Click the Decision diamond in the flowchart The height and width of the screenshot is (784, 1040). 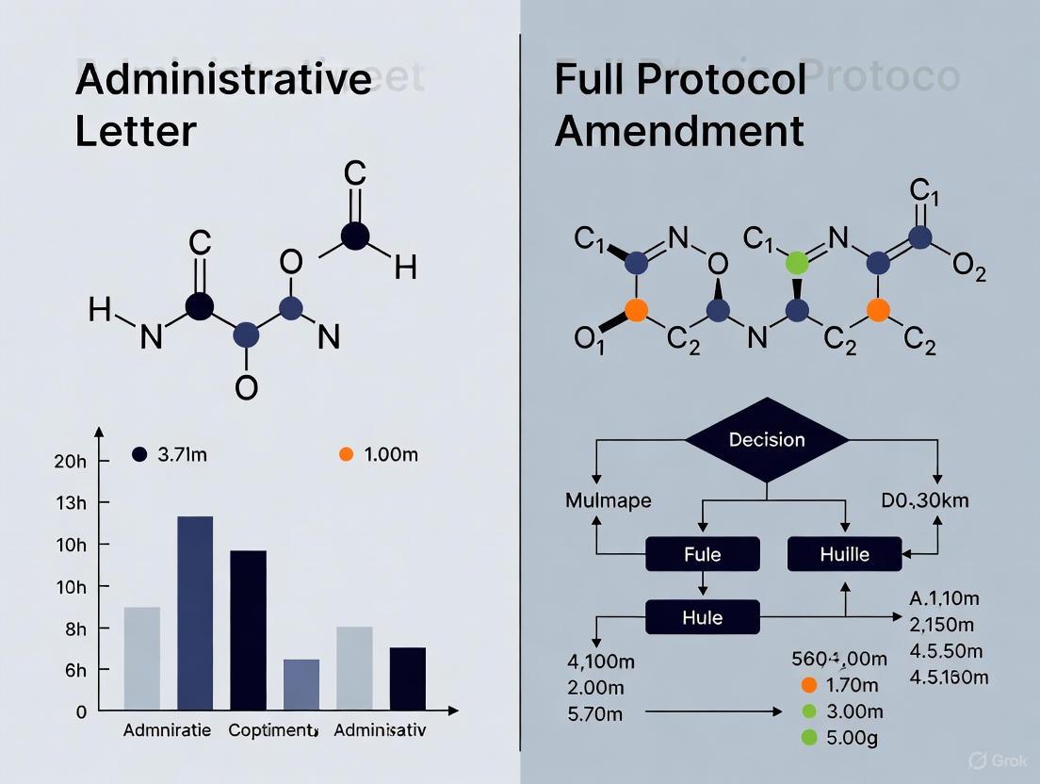[767, 440]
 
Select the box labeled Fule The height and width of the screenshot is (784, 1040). [702, 553]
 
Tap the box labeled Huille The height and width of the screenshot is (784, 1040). [844, 553]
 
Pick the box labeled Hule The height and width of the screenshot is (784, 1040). [702, 617]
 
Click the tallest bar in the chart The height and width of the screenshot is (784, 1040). [195, 612]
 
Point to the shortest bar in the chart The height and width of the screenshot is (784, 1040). [301, 684]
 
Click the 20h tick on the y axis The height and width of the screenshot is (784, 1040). [71, 461]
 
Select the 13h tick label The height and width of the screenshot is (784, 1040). [71, 503]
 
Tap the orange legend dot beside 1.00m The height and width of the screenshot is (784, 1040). [346, 454]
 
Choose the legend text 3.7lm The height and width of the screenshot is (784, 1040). [183, 454]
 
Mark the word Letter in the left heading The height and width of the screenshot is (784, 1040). [136, 130]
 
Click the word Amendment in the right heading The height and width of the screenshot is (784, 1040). [679, 130]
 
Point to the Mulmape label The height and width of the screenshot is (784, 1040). [608, 499]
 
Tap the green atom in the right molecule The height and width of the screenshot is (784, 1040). [797, 261]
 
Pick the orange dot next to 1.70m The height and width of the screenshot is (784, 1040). [808, 685]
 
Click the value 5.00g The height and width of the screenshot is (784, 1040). [852, 737]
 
